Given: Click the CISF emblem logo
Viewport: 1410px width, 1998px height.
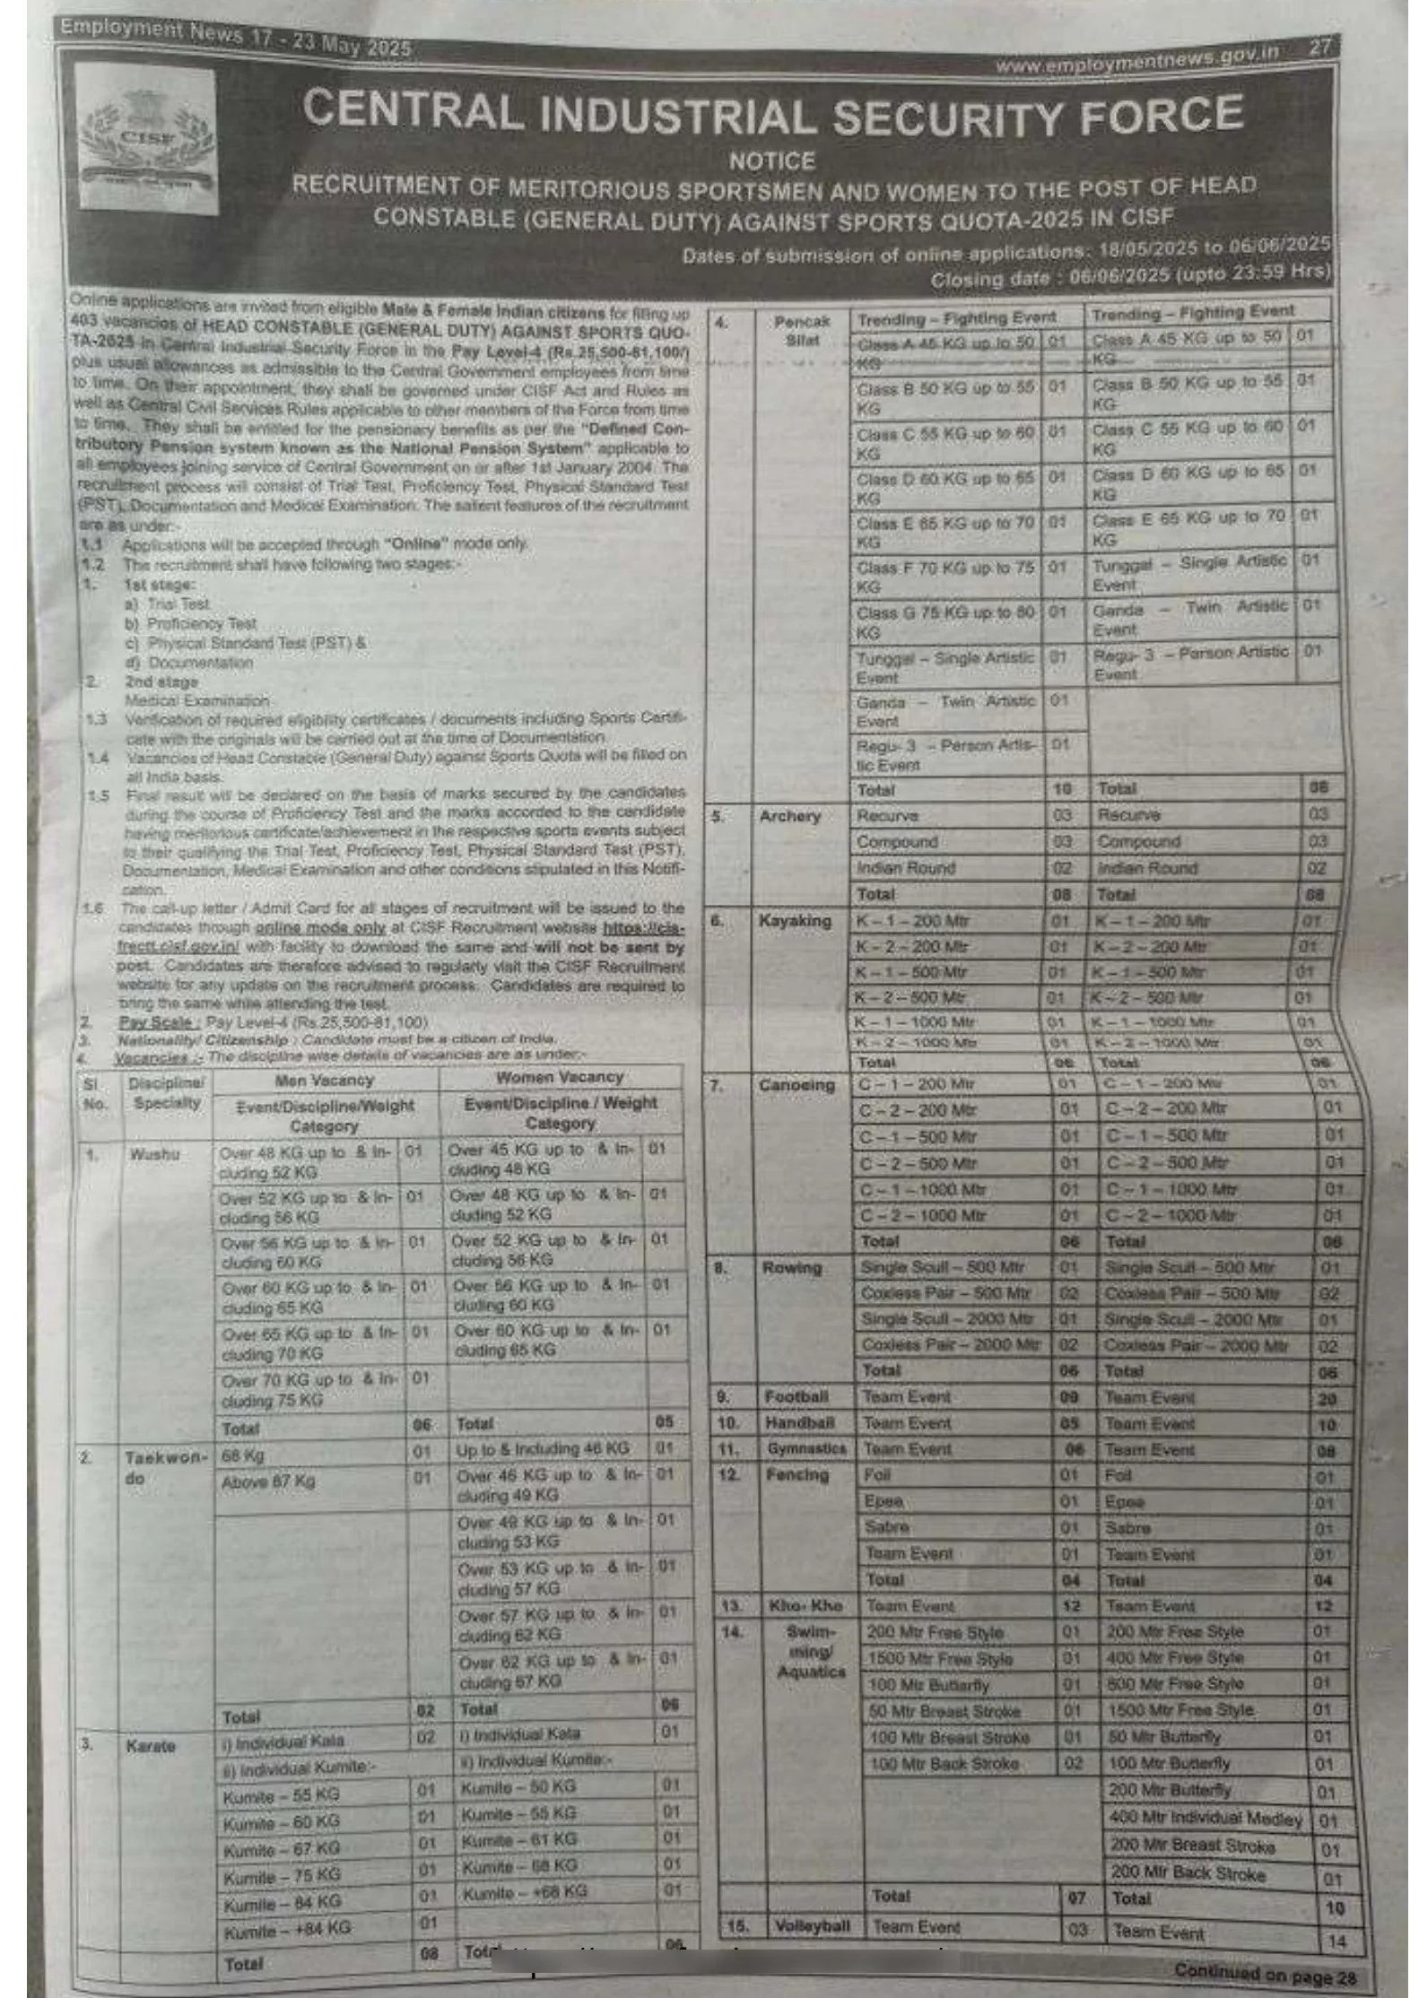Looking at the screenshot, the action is point(147,140).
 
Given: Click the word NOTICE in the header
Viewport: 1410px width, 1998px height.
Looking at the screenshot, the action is point(770,161).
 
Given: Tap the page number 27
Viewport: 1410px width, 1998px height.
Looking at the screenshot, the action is point(1319,48).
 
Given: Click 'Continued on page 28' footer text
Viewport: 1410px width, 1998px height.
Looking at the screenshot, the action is point(1265,1973).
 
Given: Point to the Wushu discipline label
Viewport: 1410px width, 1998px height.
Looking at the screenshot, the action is point(154,1153).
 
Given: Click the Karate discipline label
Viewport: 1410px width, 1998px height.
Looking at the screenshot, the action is point(151,1746).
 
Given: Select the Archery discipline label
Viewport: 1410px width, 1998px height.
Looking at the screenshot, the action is point(789,816).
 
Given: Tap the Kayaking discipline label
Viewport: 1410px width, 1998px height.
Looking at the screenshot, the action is point(794,921).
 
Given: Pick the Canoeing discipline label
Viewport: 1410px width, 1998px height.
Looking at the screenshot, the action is point(796,1085).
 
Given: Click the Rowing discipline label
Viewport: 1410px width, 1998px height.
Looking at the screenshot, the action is point(792,1268).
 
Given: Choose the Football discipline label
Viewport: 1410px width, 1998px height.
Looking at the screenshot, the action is point(796,1397).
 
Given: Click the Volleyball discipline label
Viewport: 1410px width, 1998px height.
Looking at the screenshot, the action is point(813,1926).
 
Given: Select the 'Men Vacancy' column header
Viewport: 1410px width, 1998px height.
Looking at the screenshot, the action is point(324,1081).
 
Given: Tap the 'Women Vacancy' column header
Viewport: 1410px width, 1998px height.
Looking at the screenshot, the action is point(559,1077).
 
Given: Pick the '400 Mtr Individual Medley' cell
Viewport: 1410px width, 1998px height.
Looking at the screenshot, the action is point(1205,1819).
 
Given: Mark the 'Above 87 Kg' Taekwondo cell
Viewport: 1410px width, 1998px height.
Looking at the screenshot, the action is point(268,1481).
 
